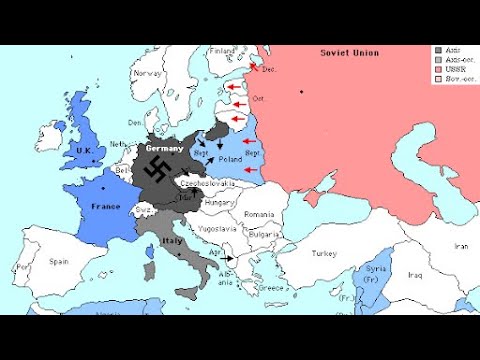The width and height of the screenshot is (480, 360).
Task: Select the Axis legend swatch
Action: pyautogui.click(x=438, y=49)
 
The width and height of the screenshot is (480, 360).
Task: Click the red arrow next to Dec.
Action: pyautogui.click(x=256, y=68)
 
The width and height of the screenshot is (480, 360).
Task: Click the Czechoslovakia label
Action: pyautogui.click(x=208, y=184)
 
